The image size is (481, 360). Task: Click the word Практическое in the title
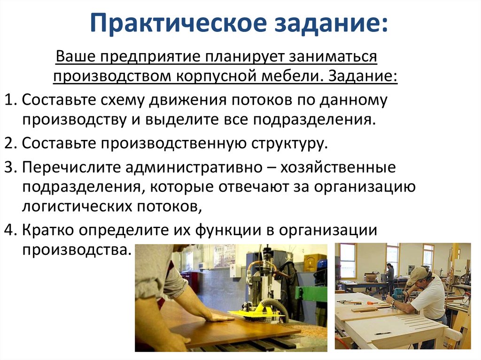(178, 23)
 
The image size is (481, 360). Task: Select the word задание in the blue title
(327, 23)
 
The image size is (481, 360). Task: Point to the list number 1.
(9, 100)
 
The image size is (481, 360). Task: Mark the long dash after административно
(271, 169)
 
